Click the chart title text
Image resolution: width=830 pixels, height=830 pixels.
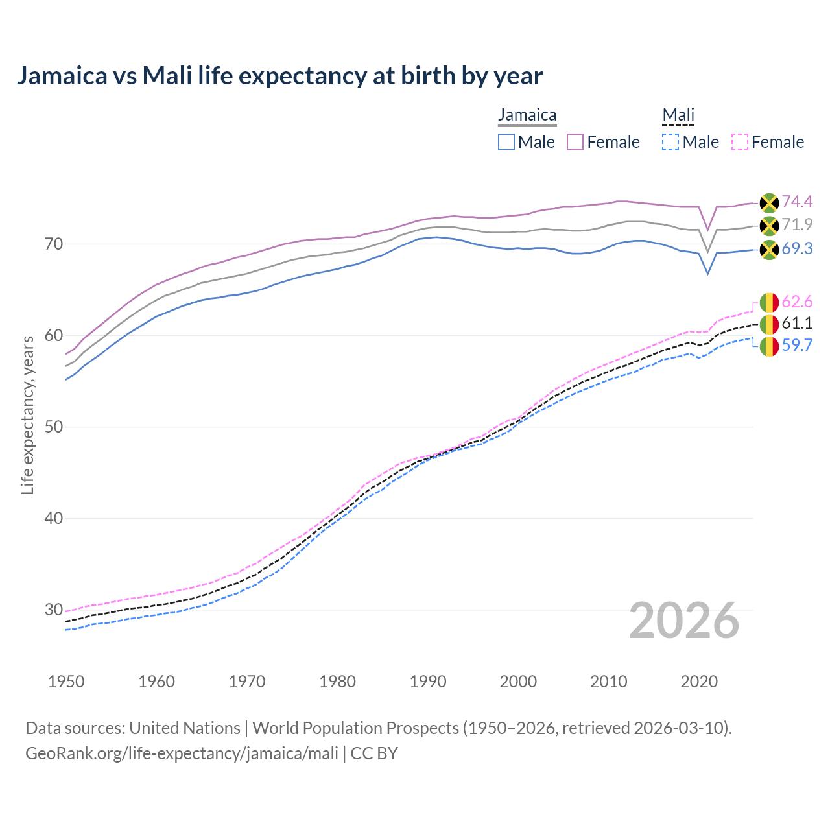click(x=279, y=76)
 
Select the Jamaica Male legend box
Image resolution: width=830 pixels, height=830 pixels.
click(x=506, y=142)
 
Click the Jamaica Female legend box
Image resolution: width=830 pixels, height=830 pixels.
click(x=575, y=142)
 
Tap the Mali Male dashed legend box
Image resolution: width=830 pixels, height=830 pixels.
click(x=670, y=142)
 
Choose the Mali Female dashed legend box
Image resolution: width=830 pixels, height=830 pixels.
click(x=739, y=142)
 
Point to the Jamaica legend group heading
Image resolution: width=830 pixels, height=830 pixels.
click(x=527, y=115)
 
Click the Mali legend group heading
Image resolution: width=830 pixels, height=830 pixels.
click(x=678, y=115)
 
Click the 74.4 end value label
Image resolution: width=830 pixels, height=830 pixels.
click(x=797, y=202)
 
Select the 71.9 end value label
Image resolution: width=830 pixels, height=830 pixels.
click(x=797, y=225)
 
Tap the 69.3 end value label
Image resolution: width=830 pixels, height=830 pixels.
click(x=797, y=249)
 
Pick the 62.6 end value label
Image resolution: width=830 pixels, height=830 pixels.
click(x=797, y=302)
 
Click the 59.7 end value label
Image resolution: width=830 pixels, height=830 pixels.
click(x=797, y=346)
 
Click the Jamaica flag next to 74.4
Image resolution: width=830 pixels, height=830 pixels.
click(x=769, y=203)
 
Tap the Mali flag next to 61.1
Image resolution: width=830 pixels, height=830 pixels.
click(x=769, y=324)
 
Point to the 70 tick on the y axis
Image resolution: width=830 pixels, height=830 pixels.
click(x=54, y=244)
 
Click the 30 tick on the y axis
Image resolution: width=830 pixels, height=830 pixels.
click(x=54, y=610)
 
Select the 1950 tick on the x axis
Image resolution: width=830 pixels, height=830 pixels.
click(x=66, y=682)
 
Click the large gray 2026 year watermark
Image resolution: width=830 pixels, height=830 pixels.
click(x=683, y=621)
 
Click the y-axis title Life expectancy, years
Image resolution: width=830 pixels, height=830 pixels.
click(x=27, y=415)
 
